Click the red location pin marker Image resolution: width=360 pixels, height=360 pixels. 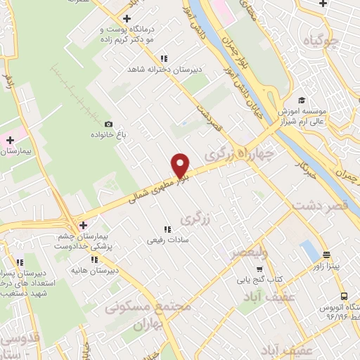tap(181, 165)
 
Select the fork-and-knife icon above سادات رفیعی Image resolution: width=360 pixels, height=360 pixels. tap(167, 229)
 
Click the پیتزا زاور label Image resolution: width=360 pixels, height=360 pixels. tap(328, 266)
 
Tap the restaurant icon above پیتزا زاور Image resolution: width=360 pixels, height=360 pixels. tap(327, 255)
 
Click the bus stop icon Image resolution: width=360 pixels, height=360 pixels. tap(343, 297)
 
